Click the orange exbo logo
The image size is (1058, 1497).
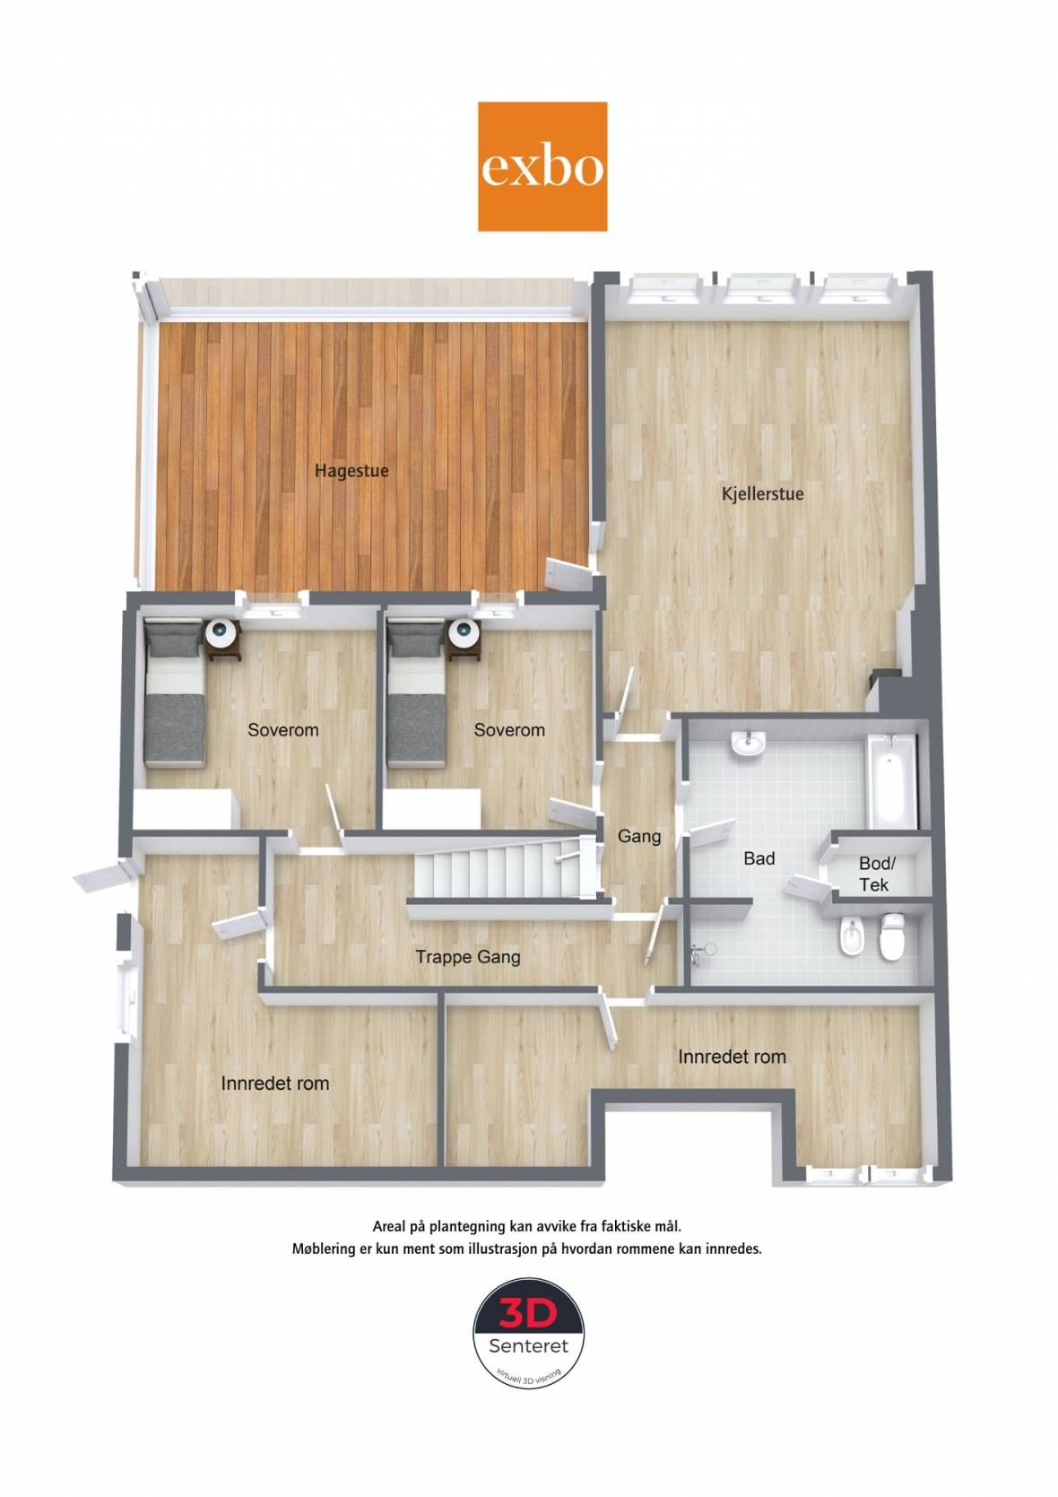coord(542,167)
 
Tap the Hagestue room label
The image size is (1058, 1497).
coord(351,471)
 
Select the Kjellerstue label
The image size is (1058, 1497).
coord(763,494)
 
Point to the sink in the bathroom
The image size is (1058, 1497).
coord(750,744)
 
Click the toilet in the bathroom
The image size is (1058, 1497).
coord(892,936)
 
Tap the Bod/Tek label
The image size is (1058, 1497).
coord(876,875)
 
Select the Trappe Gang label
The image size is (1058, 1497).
coord(467,957)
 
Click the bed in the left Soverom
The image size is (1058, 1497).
coord(174,692)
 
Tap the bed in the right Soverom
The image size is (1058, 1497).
coord(416,692)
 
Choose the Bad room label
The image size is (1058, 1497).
coord(759,858)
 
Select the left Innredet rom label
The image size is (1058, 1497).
coord(275,1084)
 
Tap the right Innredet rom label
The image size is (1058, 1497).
coord(732,1057)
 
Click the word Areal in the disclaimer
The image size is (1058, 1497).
coord(389,1226)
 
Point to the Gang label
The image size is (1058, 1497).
coord(639,837)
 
